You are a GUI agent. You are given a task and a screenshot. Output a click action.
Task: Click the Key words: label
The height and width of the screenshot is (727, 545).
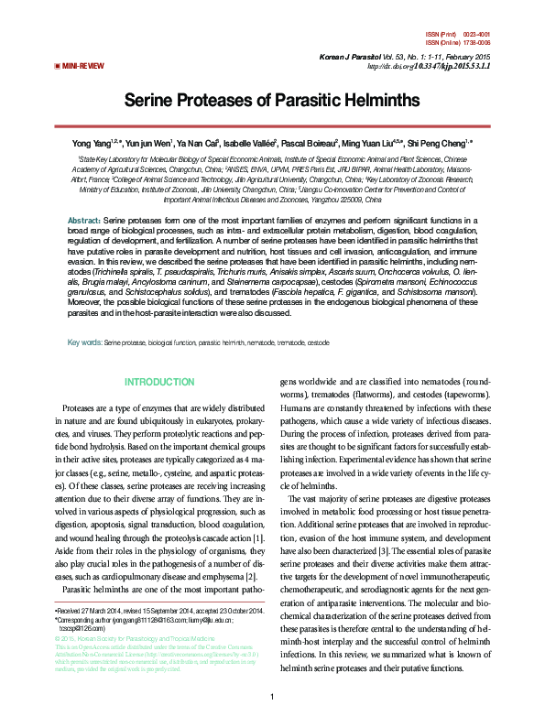click(x=85, y=317)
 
